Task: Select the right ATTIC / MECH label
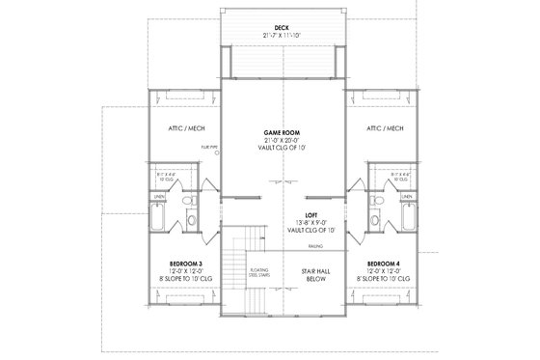(384, 128)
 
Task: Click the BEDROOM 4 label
(385, 263)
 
